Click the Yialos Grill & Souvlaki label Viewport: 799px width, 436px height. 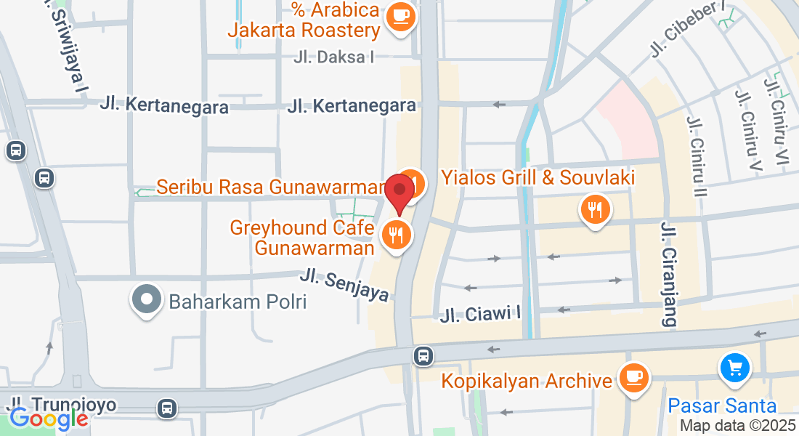[538, 177]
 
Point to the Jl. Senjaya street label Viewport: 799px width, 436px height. [345, 286]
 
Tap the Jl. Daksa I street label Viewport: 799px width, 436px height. [334, 57]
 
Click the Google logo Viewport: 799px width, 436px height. [48, 419]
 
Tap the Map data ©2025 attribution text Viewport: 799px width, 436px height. [737, 426]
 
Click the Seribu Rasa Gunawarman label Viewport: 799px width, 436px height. [269, 187]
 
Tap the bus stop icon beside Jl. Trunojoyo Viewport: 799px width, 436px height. [168, 408]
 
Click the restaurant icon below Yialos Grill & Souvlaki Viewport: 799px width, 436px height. [595, 211]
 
